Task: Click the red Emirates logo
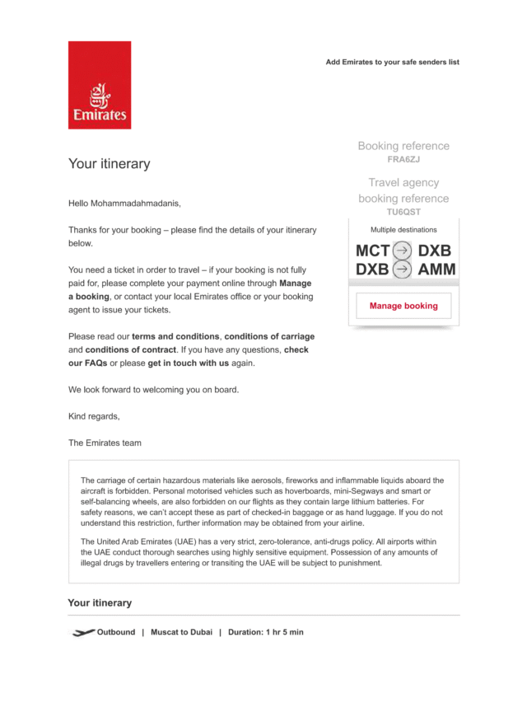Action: (99, 85)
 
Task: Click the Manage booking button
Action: (403, 306)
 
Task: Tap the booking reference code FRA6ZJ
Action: (403, 160)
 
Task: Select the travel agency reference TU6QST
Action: (403, 212)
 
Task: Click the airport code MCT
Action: (372, 251)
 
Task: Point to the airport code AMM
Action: (436, 269)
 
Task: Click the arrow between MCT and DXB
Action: (402, 251)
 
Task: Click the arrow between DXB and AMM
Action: (402, 269)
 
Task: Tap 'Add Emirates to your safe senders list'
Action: (392, 62)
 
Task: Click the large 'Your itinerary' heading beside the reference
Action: (109, 164)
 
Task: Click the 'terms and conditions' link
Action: (176, 336)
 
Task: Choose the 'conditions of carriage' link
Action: (269, 336)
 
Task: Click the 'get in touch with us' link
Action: (189, 363)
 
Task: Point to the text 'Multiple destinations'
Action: (403, 230)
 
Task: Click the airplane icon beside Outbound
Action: (82, 632)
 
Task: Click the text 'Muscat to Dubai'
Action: (181, 632)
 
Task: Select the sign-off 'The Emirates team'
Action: (105, 443)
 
